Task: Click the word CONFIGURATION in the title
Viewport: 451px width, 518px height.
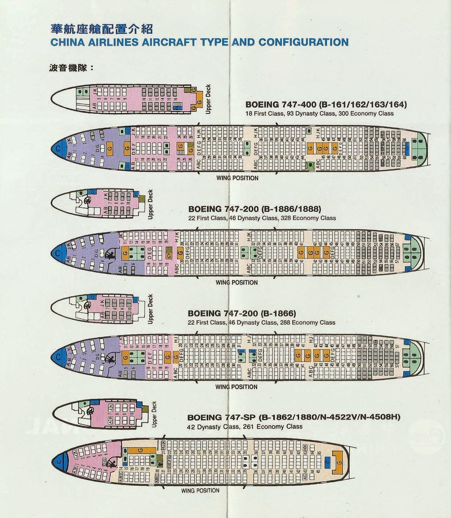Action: pyautogui.click(x=303, y=42)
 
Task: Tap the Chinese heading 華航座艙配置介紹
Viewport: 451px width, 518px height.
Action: pyautogui.click(x=101, y=29)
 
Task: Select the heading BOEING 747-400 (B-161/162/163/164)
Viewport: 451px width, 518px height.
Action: pyautogui.click(x=326, y=104)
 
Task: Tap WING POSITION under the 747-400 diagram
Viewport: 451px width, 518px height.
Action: pyautogui.click(x=237, y=178)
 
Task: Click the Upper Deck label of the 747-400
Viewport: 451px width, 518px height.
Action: pyautogui.click(x=208, y=98)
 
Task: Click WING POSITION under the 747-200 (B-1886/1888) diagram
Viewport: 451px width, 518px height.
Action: pyautogui.click(x=236, y=282)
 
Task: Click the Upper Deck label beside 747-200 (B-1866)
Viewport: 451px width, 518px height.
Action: pyautogui.click(x=150, y=309)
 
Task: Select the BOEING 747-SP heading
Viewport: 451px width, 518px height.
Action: pyautogui.click(x=294, y=417)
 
